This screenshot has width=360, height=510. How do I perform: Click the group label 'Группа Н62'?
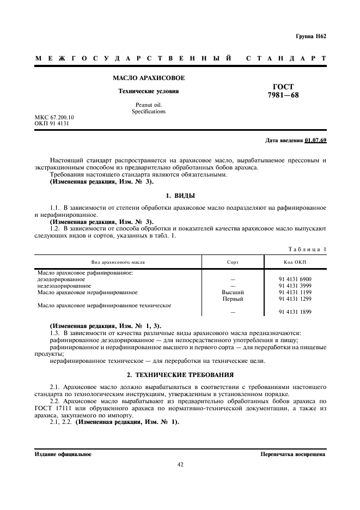pos(311,37)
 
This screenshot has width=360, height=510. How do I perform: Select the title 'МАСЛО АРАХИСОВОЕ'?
pos(149,78)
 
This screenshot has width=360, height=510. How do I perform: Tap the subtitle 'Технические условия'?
pos(149,91)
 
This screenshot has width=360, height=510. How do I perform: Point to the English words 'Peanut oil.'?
pos(149,105)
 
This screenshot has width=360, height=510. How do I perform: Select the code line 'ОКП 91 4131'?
pos(51,123)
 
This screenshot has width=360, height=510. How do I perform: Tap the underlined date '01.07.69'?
pos(315,140)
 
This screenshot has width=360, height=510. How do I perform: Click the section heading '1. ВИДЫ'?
pos(180,195)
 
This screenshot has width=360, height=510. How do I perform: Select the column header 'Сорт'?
pos(233,262)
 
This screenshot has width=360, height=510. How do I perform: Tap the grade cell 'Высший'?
pos(233,292)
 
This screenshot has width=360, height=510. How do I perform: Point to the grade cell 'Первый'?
pos(233,299)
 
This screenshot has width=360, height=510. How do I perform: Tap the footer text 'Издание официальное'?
pos(63,453)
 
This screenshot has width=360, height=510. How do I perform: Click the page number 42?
pos(180,464)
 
